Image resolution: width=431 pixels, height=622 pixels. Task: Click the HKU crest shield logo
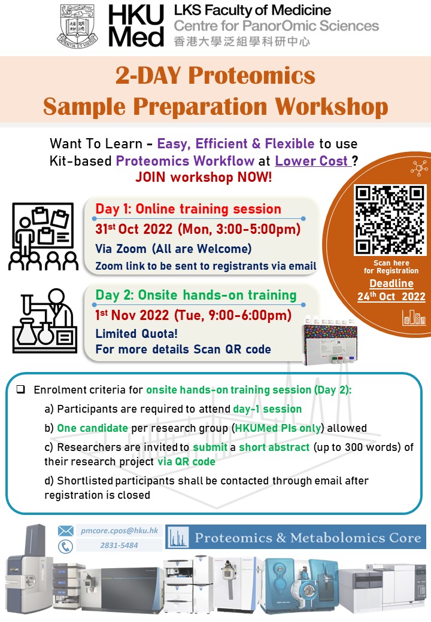click(77, 26)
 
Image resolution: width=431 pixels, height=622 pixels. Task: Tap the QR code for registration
click(390, 219)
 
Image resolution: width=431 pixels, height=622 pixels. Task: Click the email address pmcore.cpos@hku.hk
click(119, 530)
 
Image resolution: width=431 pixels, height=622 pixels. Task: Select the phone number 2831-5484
click(119, 545)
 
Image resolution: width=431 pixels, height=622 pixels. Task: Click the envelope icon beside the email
click(65, 530)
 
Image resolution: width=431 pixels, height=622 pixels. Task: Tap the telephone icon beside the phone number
click(65, 546)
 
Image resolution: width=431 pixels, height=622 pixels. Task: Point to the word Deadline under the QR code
click(391, 283)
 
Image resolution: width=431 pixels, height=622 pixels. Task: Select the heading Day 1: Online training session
click(188, 209)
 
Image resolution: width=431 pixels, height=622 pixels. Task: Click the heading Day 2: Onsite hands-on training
click(196, 295)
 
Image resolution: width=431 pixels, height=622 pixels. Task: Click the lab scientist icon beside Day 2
click(45, 321)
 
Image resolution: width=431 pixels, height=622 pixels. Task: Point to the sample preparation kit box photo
click(330, 340)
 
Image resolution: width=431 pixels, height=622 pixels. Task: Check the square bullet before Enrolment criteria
click(20, 389)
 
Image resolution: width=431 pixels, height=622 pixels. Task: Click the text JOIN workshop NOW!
click(204, 177)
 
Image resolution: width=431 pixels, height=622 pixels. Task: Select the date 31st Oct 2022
click(133, 229)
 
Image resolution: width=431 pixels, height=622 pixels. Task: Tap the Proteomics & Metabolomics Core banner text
click(308, 538)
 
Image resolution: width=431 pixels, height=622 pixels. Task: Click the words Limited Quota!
click(136, 334)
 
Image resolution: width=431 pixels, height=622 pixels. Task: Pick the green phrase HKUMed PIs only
click(278, 428)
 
